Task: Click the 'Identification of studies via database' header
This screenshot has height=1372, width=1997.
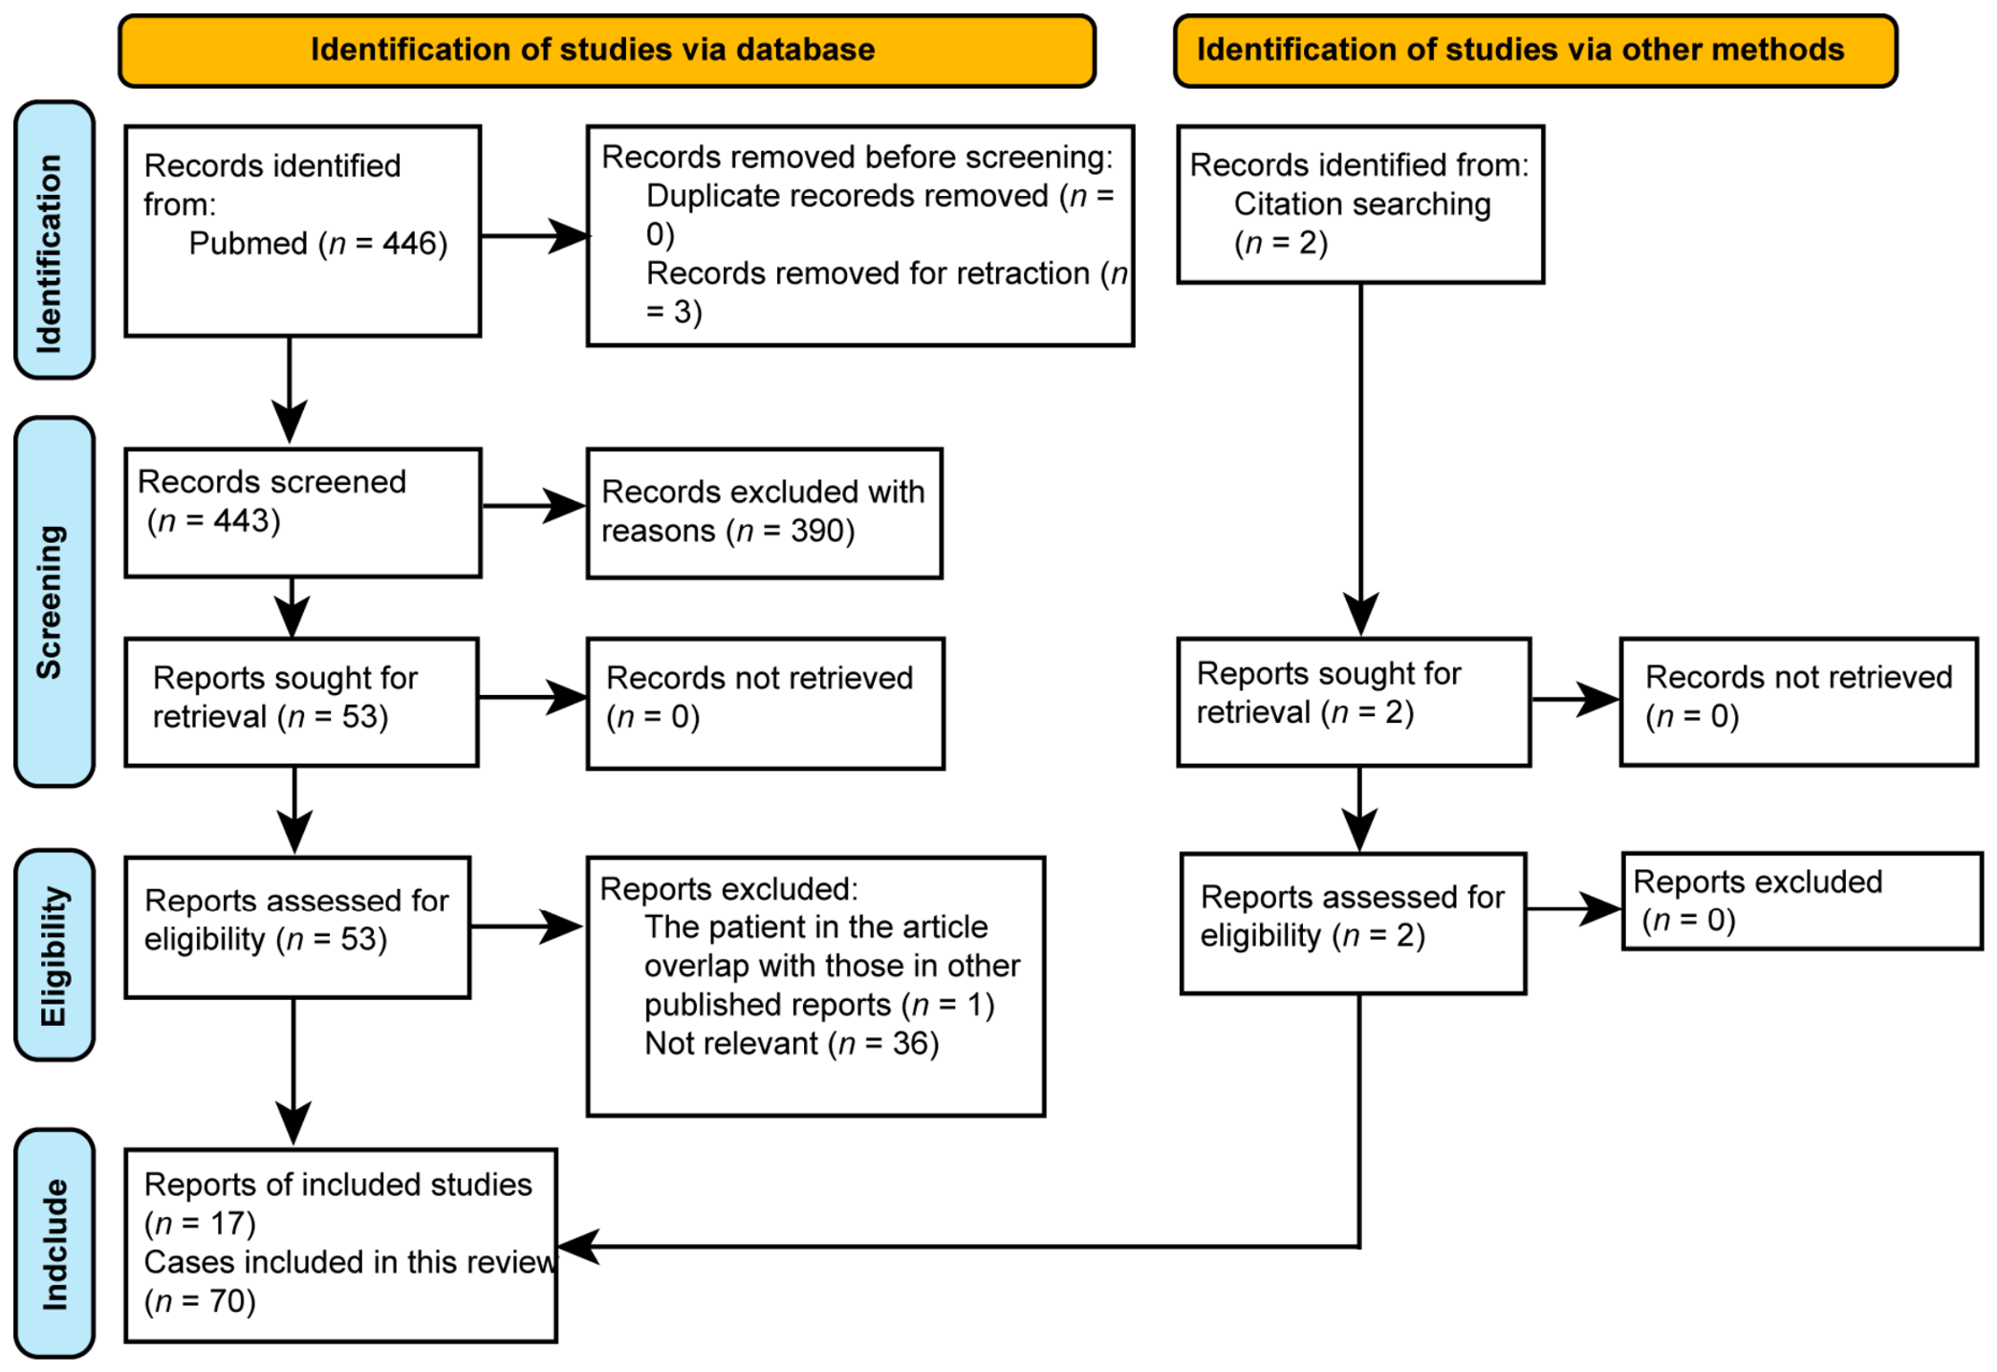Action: [607, 51]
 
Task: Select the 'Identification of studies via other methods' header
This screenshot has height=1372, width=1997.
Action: [1535, 51]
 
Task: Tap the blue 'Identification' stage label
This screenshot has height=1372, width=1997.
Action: [54, 240]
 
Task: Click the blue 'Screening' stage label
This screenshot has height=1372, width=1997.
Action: [54, 601]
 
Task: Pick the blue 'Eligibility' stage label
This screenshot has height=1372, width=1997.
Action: [54, 955]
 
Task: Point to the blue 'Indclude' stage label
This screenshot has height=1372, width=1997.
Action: [54, 1243]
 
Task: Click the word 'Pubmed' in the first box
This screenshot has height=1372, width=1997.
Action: [249, 244]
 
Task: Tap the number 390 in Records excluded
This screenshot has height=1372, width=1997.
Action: [817, 531]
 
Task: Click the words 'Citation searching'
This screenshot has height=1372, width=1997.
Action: [1362, 204]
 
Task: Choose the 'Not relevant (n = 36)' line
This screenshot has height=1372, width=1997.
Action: [792, 1043]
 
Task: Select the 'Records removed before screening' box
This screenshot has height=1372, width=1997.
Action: [860, 235]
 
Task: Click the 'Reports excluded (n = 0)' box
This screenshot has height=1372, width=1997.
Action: [1802, 901]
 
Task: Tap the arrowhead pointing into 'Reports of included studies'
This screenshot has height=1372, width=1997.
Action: [576, 1246]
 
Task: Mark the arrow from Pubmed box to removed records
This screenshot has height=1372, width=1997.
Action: [535, 236]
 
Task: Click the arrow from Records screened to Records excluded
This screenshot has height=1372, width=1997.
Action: [534, 506]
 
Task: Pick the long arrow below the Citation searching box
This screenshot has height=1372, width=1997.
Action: [1360, 460]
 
